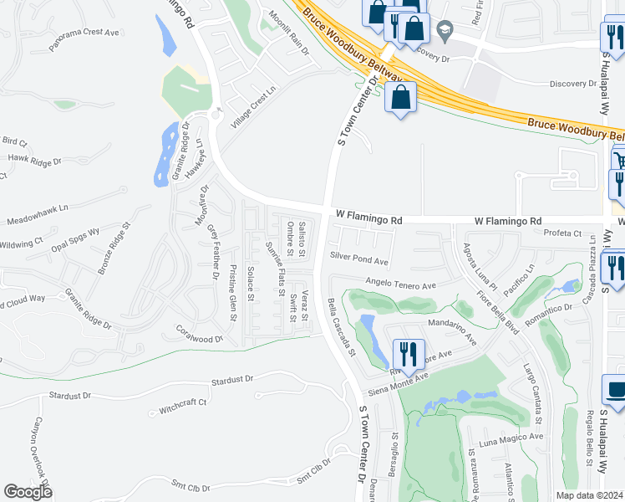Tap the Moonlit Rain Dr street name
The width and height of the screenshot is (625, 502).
click(289, 33)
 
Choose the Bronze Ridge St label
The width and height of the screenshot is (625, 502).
click(114, 248)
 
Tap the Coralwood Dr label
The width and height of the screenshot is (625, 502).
click(199, 334)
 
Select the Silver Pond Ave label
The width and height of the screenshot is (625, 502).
click(359, 260)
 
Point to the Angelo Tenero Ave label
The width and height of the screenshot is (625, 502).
click(401, 285)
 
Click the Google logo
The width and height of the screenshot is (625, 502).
click(28, 492)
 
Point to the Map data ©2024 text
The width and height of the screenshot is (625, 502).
click(590, 495)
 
